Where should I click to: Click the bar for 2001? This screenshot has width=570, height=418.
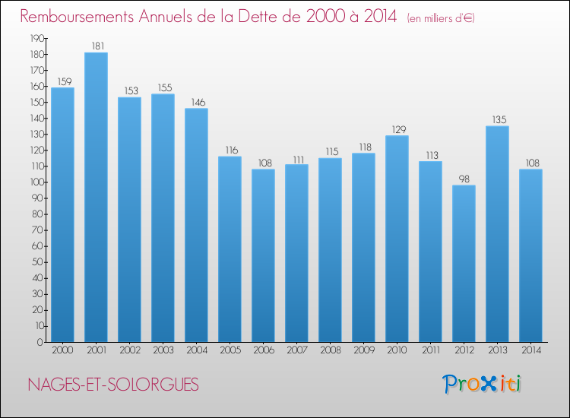96,198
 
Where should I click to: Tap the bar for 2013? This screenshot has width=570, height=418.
497,234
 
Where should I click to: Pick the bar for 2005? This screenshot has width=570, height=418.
230,249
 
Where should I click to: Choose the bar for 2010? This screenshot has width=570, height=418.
397,239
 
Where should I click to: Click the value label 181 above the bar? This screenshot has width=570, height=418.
96,46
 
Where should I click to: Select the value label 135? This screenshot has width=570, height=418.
497,120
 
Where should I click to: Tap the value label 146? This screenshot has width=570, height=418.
196,103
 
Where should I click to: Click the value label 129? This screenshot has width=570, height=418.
397,130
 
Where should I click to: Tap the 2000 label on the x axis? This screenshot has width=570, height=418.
62,351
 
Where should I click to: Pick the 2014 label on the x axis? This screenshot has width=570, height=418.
530,351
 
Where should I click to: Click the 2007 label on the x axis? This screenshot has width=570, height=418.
296,351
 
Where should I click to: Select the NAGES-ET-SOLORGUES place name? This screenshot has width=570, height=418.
113,385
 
